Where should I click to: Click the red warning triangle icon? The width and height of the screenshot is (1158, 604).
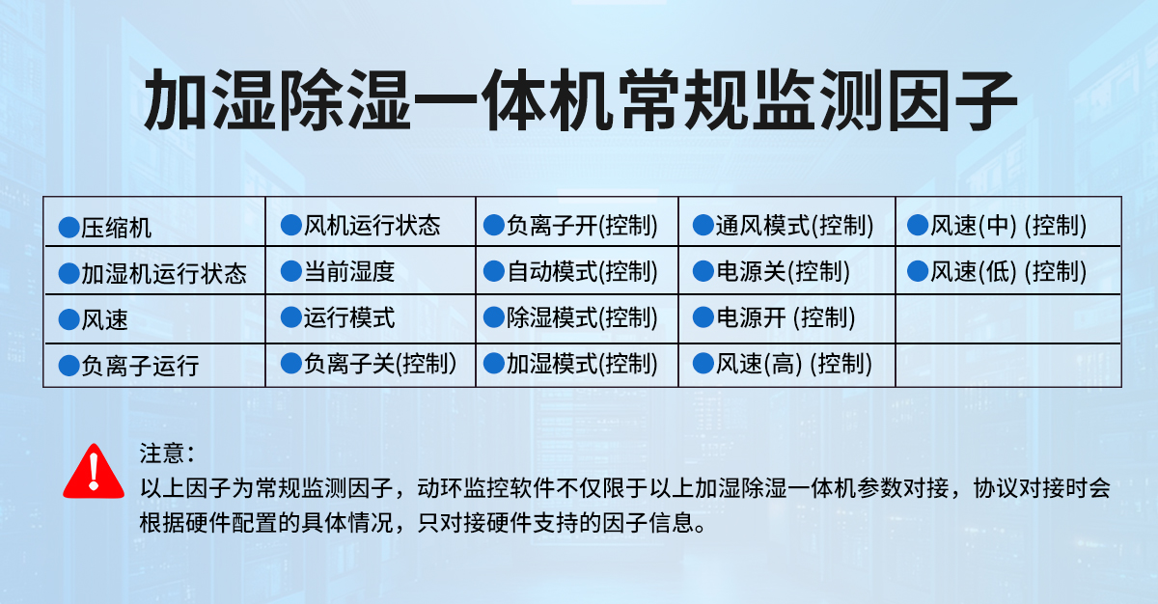pos(94,472)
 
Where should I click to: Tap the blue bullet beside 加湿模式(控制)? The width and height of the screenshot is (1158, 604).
pos(494,363)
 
